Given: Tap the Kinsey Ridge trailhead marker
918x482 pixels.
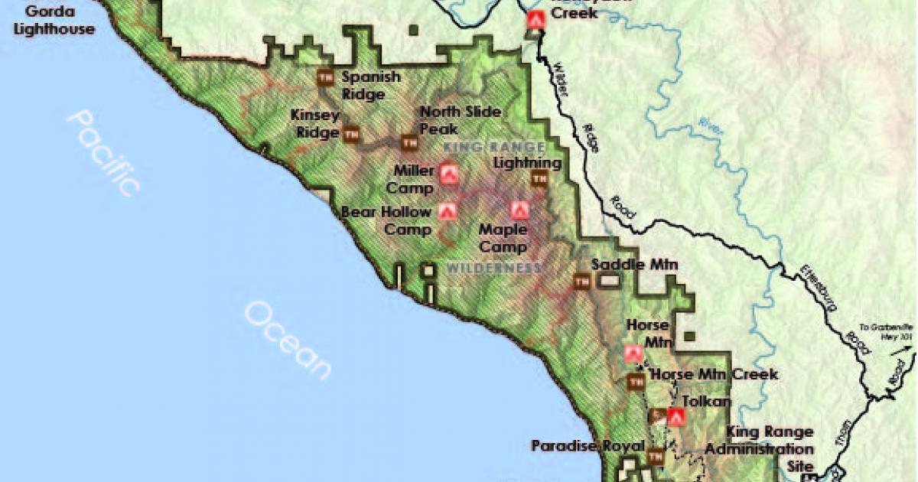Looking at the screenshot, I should coord(351,133).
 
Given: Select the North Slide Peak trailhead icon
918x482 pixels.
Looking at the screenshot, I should coord(409,142).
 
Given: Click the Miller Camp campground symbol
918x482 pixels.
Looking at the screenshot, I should coord(448,175).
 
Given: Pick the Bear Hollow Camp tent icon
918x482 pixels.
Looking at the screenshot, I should coord(448,210).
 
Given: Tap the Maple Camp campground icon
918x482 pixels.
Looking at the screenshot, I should coord(519,209).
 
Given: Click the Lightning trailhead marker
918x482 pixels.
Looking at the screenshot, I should coord(539,178).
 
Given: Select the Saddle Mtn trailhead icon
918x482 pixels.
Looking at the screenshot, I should coord(581,281).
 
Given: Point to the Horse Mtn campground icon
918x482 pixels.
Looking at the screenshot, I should coord(633,353).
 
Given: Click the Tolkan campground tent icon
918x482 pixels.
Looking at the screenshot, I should coord(675,417).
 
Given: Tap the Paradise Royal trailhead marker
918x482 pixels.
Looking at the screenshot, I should coord(656,457).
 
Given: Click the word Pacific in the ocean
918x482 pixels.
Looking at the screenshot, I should coord(103,153).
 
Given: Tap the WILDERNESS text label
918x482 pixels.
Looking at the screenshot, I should coord(494,269).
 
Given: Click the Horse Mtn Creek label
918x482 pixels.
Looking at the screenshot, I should coord(713,374).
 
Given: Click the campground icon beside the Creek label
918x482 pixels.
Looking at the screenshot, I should coord(535,21).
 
